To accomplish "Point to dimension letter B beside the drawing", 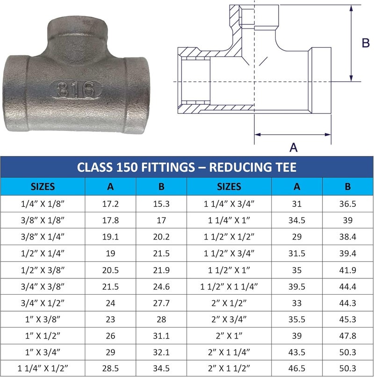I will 366,43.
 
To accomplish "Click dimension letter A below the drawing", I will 293,147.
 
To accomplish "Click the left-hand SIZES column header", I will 43,187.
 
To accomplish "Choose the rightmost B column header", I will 347,187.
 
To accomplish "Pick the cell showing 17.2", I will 110,204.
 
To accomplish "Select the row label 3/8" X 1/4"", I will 43,237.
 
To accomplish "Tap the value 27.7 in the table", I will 161,303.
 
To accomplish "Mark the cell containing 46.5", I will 297,369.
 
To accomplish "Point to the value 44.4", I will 347,287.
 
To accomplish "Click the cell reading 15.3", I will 161,204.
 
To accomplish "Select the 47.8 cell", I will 347,336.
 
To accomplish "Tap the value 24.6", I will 161,287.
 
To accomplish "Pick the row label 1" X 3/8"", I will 43,320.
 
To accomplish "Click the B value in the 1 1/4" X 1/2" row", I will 161,369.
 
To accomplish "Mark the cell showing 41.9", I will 347,270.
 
